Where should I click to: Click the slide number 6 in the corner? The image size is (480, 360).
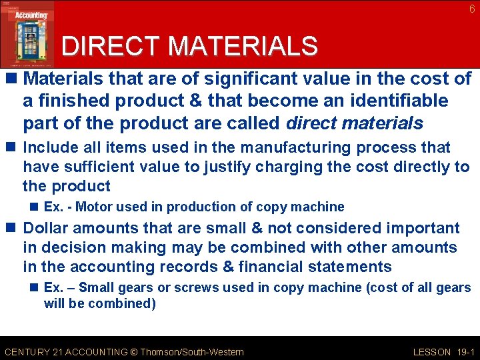click(x=472, y=9)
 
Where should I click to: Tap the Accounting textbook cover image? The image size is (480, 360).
click(x=27, y=33)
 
